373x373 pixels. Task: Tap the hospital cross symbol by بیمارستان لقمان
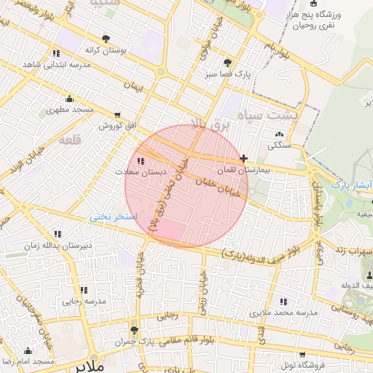point(243,158)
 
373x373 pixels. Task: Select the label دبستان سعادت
point(141,172)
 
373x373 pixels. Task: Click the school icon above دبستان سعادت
point(140,161)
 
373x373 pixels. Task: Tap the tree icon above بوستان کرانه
point(106,38)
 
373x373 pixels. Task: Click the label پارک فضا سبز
point(228,74)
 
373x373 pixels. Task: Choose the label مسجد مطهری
point(71,110)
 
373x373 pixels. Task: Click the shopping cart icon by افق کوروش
point(118,115)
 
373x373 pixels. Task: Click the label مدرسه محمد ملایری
point(284,312)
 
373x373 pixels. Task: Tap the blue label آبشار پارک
point(352,185)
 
